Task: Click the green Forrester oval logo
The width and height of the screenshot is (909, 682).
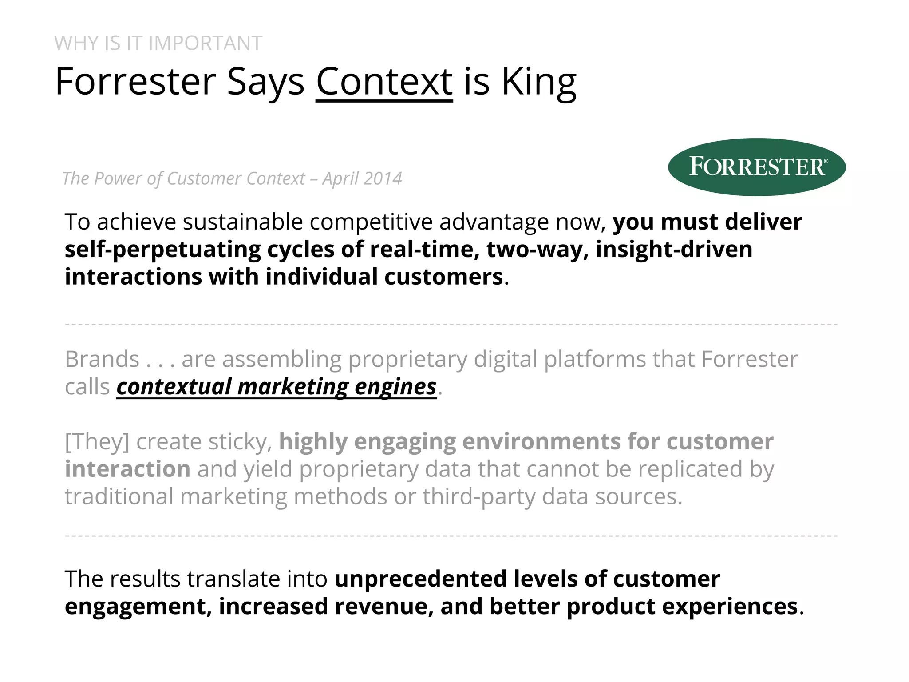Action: [756, 167]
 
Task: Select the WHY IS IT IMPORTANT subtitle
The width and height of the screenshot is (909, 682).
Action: [158, 44]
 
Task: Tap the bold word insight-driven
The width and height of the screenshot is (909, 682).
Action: [674, 249]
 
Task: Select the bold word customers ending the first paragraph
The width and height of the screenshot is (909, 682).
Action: [443, 277]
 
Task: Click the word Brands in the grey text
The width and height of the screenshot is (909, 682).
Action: [102, 359]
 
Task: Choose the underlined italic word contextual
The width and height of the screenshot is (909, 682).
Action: [174, 387]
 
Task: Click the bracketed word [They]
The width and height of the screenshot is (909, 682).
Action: [97, 442]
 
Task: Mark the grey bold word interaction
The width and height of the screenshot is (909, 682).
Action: [128, 469]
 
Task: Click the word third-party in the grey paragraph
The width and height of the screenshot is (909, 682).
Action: [478, 497]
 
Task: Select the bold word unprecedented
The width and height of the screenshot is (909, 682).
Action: [420, 579]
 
